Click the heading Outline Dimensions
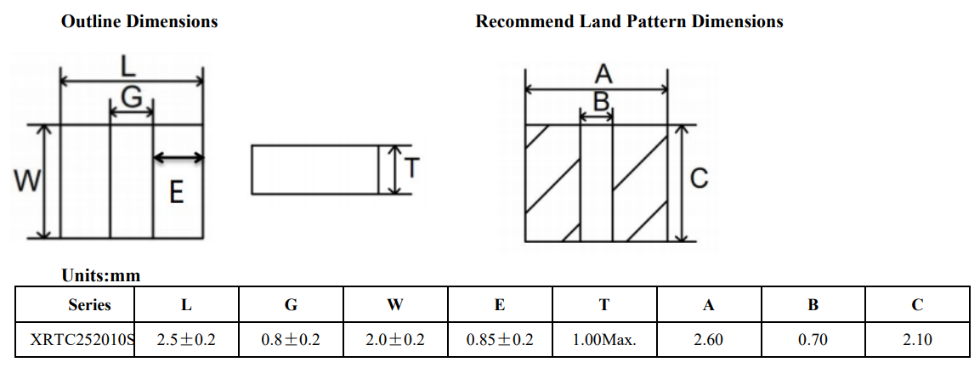(x=139, y=21)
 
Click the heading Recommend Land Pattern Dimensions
(x=629, y=21)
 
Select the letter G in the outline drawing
(x=132, y=99)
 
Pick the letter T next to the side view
(x=411, y=168)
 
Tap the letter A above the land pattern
(x=601, y=75)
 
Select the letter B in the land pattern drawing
(x=601, y=103)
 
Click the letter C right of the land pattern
(x=699, y=178)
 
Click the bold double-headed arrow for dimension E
(x=178, y=157)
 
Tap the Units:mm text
(x=100, y=275)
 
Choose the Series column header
(x=89, y=304)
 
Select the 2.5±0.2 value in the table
(x=187, y=340)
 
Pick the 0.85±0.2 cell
(x=500, y=340)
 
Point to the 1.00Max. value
(x=604, y=340)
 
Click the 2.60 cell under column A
(x=708, y=340)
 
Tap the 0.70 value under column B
(x=813, y=340)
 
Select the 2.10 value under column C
(x=917, y=340)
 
